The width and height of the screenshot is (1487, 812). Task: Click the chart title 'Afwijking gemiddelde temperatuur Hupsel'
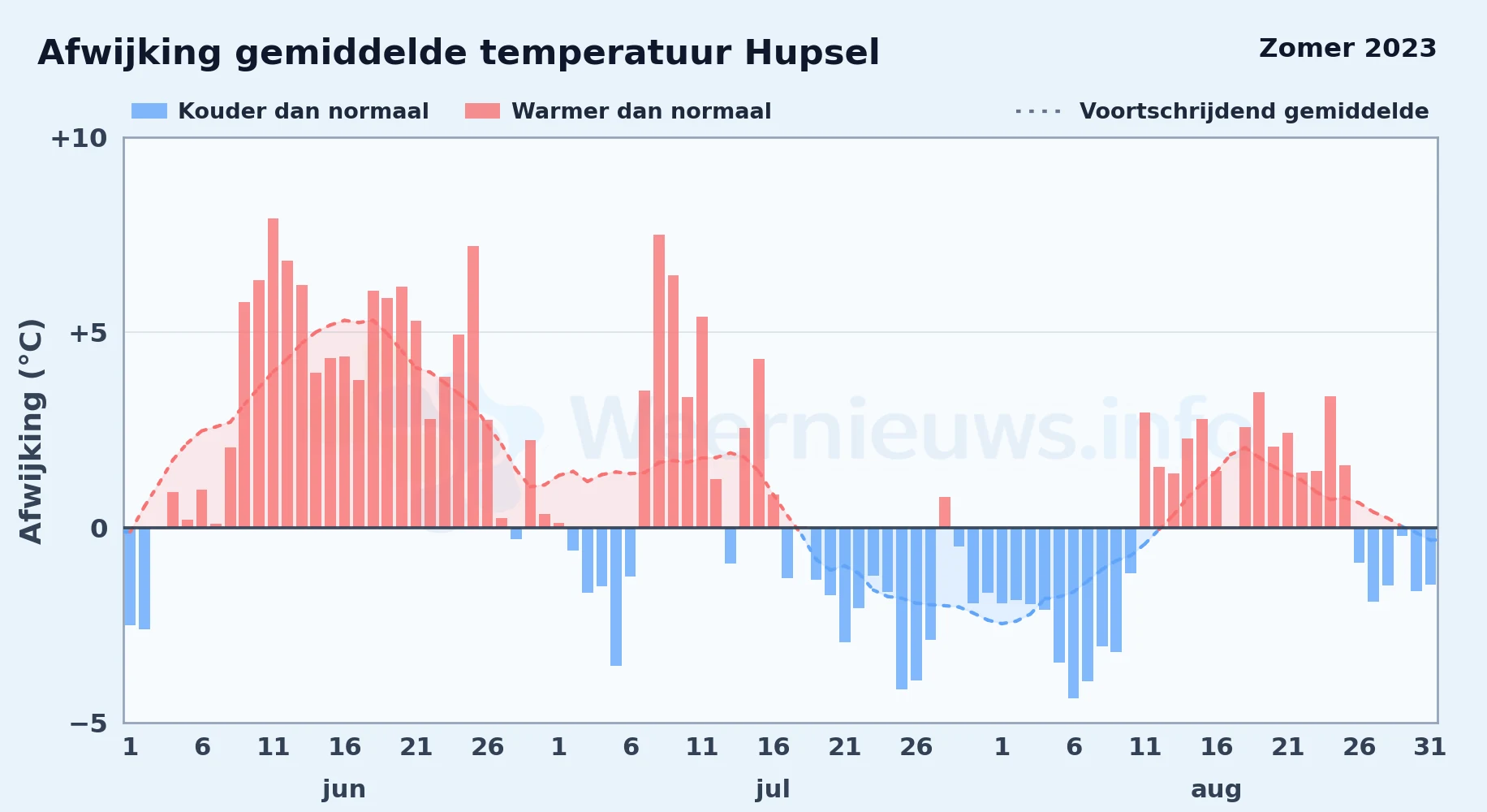(x=459, y=54)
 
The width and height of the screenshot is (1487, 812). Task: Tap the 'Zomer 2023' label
(x=1347, y=49)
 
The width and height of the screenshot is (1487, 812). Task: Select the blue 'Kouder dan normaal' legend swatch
(x=149, y=111)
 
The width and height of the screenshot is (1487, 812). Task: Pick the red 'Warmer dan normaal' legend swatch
(x=482, y=111)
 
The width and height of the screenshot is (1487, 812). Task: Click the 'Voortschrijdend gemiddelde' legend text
(x=1254, y=111)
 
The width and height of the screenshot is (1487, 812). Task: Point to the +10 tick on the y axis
(x=79, y=139)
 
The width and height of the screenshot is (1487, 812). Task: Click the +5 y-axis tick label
(x=88, y=333)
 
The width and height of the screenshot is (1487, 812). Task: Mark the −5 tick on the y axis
(x=88, y=723)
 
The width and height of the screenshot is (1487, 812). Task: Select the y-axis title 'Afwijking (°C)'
(x=31, y=431)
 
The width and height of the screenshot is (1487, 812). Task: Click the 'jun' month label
(x=344, y=789)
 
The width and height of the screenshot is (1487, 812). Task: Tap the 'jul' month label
(x=773, y=789)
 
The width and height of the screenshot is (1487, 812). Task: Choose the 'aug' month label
(x=1216, y=789)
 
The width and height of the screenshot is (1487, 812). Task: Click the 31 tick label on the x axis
(x=1430, y=747)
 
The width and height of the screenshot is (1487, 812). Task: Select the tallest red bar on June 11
(x=273, y=373)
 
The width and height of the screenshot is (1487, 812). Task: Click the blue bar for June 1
(x=130, y=577)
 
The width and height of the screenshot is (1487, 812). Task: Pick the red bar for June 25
(x=473, y=387)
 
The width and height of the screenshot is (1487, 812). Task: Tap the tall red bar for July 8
(x=659, y=381)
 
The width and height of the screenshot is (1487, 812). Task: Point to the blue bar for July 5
(x=616, y=597)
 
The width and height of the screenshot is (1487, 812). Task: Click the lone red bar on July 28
(x=945, y=512)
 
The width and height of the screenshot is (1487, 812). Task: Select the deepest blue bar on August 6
(x=1073, y=613)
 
